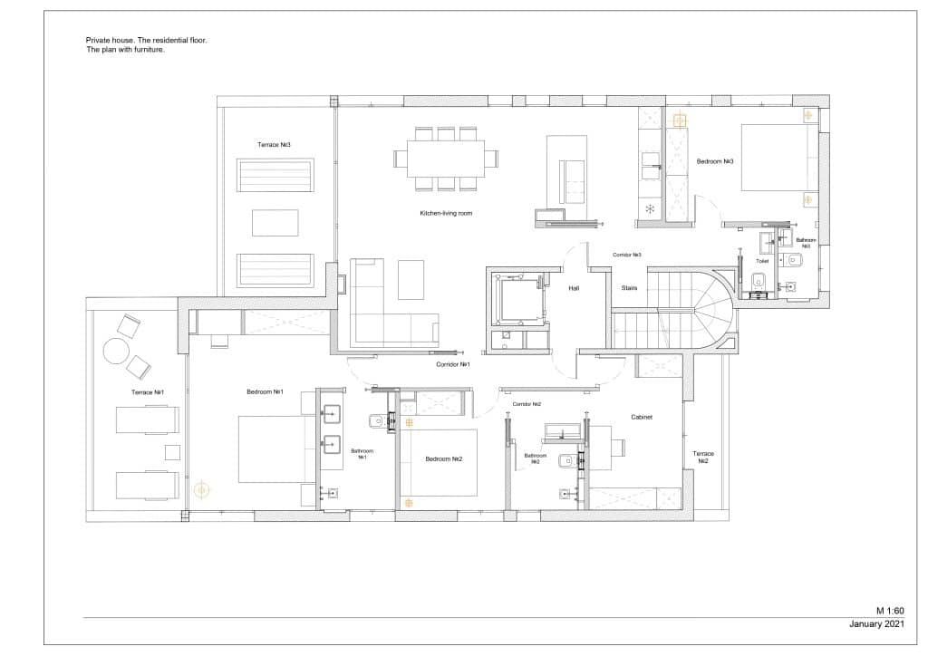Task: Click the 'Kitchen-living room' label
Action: tap(446, 213)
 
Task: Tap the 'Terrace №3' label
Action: tap(274, 145)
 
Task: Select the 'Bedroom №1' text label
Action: tap(266, 391)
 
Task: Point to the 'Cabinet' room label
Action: tap(643, 418)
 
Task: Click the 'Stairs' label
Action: tap(629, 288)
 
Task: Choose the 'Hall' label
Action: tap(574, 288)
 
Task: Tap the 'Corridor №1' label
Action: tap(452, 364)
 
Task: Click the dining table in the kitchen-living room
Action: tap(445, 158)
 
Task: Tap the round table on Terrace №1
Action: tap(115, 351)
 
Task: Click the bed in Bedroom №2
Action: tap(438, 462)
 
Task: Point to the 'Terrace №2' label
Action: tap(702, 457)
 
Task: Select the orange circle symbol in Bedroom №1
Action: tap(201, 489)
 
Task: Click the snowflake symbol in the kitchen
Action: tap(650, 209)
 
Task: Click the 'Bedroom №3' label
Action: tap(714, 161)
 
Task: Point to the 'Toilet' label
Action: tap(762, 259)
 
